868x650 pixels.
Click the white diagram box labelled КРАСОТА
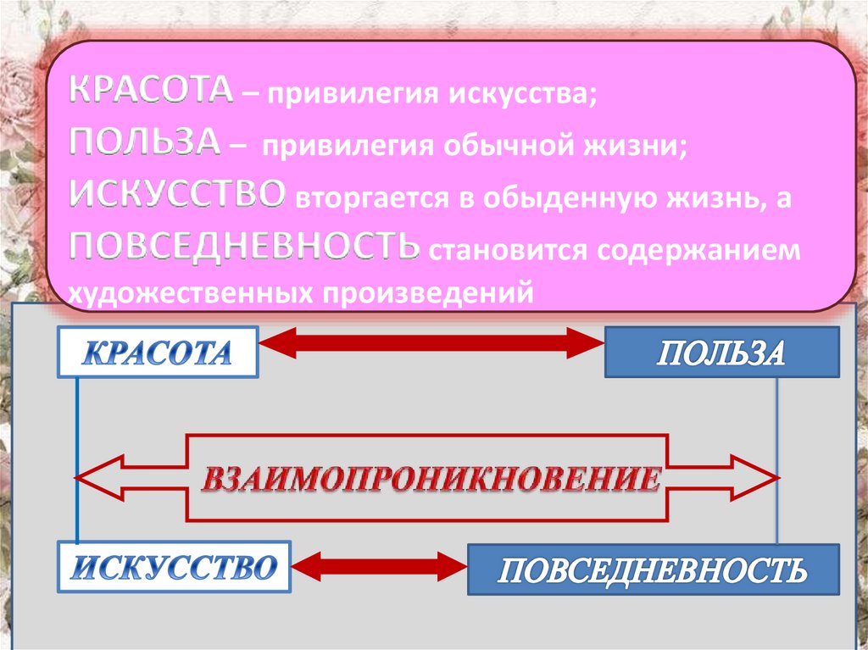[158, 352]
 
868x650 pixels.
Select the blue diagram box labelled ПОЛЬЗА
[721, 352]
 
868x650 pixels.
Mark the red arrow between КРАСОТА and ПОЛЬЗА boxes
[431, 342]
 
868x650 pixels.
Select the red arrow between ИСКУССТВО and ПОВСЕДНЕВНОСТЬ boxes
[379, 564]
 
